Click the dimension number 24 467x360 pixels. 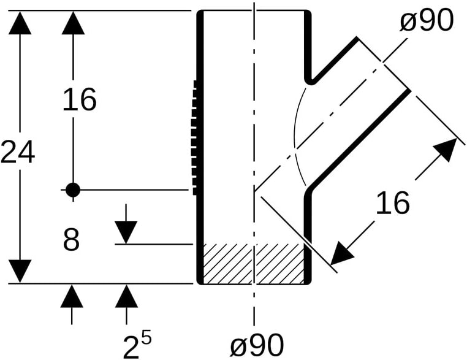(x=18, y=152)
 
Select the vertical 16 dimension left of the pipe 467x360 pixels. (x=80, y=99)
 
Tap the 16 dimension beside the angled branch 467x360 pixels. (x=393, y=202)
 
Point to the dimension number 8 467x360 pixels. (x=72, y=239)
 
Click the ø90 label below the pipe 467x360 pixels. (x=257, y=345)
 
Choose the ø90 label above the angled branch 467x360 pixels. (x=426, y=20)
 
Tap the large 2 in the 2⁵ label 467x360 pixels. (x=131, y=347)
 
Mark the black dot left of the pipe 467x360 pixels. (x=73, y=190)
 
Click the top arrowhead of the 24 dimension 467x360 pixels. (x=20, y=23)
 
